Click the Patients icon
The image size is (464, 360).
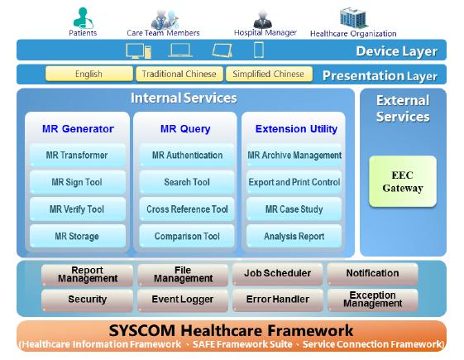83,17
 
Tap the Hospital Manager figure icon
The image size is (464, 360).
262,19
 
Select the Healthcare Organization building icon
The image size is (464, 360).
354,17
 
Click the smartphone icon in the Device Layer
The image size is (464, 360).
259,50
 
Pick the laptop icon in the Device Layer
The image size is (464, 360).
180,50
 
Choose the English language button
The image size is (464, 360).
88,74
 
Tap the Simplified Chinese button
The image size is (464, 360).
269,74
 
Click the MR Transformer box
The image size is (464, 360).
77,155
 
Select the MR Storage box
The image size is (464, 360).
77,236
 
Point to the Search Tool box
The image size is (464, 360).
187,182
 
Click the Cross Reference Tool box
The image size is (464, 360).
187,209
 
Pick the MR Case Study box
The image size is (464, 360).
294,209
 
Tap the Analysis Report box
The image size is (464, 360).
294,236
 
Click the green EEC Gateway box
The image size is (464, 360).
403,181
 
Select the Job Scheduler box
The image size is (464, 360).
278,274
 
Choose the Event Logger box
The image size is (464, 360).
183,300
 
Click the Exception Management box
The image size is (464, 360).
372,300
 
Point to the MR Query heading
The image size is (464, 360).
185,129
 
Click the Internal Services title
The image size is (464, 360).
184,98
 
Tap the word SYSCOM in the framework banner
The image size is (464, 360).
141,331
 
